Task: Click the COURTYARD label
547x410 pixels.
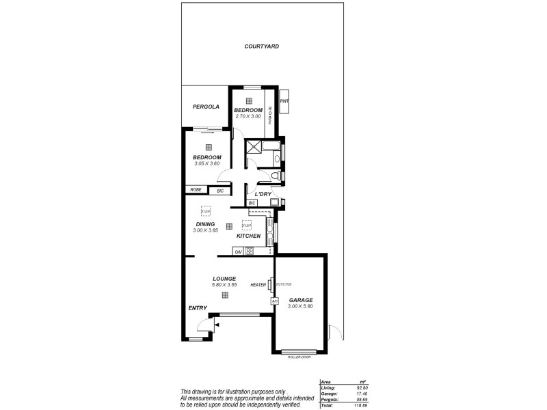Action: click(x=262, y=46)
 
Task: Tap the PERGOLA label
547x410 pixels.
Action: click(x=206, y=107)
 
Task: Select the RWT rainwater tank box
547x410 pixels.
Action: click(x=284, y=100)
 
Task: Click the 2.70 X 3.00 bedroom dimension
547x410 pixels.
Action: click(x=248, y=116)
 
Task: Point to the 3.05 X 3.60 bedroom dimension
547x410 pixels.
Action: click(x=207, y=163)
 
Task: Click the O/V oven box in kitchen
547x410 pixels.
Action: click(x=239, y=251)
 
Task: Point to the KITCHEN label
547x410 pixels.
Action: click(x=249, y=236)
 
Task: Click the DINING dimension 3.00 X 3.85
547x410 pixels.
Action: click(x=205, y=230)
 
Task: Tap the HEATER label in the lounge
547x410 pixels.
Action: click(x=258, y=285)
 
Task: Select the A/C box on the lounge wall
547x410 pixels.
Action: click(x=274, y=301)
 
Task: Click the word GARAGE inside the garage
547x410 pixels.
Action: click(x=301, y=300)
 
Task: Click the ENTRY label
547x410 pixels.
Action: click(x=198, y=307)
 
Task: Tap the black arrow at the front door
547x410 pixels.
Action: click(x=217, y=326)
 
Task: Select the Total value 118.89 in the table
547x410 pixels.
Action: click(x=360, y=405)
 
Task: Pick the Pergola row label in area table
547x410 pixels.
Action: click(x=329, y=399)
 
